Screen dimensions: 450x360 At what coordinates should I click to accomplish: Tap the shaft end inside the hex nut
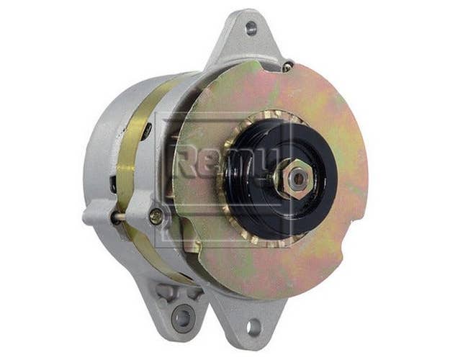point(299,179)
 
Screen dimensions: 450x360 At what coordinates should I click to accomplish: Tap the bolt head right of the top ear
point(289,65)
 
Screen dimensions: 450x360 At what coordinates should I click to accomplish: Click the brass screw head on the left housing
point(156,215)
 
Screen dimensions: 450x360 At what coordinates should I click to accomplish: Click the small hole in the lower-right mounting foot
point(254,327)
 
